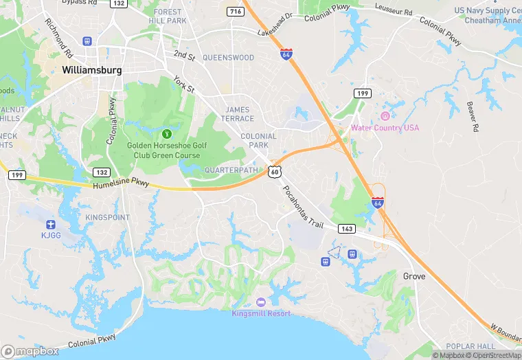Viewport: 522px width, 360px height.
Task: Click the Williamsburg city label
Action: coord(91,70)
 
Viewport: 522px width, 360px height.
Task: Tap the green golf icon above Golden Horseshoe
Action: coord(167,133)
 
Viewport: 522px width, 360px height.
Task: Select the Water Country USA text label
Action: coord(385,128)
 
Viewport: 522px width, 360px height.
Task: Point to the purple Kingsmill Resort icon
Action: coord(260,302)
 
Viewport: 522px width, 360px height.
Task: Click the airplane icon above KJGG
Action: coord(49,225)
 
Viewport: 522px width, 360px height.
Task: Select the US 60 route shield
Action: coord(274,170)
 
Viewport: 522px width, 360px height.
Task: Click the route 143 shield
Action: coord(346,228)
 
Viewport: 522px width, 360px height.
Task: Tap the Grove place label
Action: coord(414,276)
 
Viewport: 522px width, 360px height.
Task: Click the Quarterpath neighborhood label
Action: coord(231,170)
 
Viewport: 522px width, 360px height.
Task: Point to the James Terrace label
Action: coord(238,114)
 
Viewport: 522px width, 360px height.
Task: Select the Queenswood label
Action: coord(229,58)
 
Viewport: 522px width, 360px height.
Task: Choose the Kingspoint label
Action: coord(107,217)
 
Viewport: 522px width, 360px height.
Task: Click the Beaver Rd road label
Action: coord(472,116)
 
